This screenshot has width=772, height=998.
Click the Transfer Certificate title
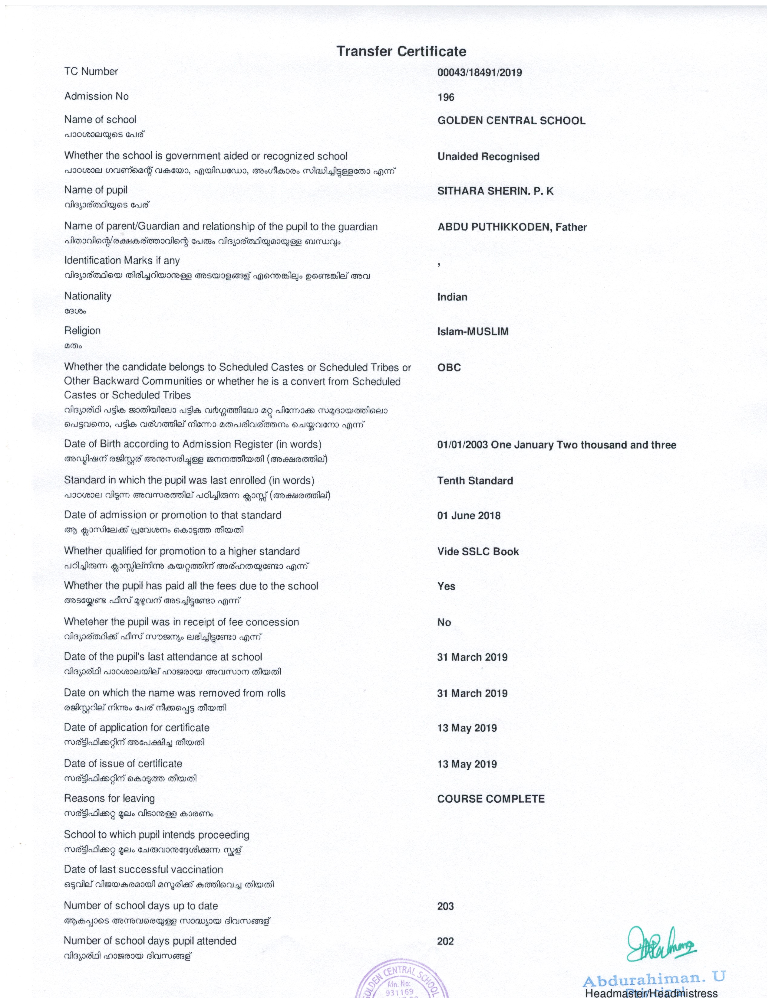[x=401, y=51]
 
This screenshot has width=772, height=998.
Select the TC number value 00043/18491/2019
[x=479, y=73]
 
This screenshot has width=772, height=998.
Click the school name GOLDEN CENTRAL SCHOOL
[x=511, y=121]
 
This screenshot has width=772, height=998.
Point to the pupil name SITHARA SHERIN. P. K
[x=495, y=191]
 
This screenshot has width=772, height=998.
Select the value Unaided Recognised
[x=488, y=157]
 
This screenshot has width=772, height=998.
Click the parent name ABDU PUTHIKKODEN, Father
[x=512, y=227]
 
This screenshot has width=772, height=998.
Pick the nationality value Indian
[x=452, y=297]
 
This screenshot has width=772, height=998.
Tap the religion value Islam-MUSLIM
[x=473, y=332]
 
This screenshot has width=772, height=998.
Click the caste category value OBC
[x=449, y=368]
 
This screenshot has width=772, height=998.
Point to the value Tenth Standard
[x=475, y=481]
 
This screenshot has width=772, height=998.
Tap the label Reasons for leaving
[x=109, y=799]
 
